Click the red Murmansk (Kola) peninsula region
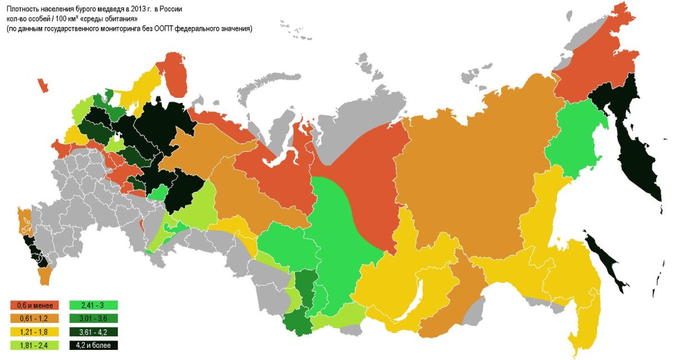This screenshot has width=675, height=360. tap(178, 79)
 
